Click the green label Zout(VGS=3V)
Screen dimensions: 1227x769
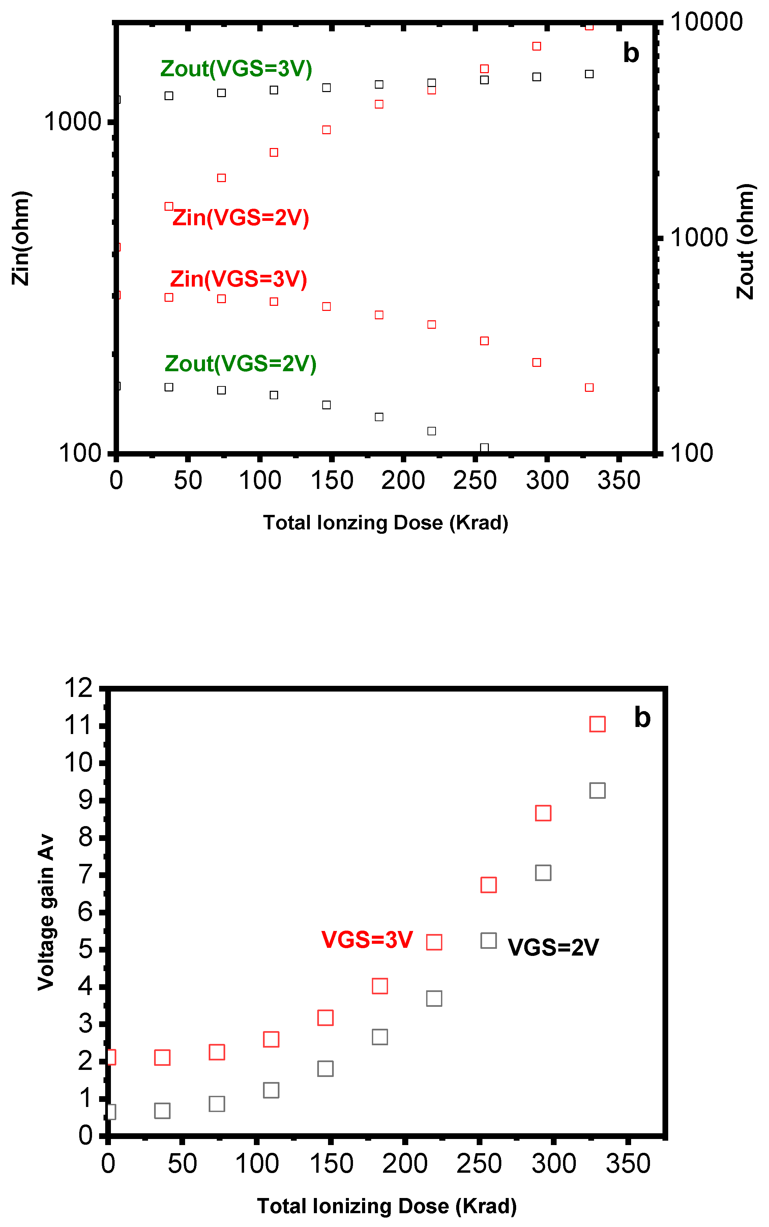[236, 69]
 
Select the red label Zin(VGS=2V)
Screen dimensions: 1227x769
[241, 218]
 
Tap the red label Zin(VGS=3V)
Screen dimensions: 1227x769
[239, 279]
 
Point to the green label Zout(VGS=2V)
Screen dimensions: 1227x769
[241, 364]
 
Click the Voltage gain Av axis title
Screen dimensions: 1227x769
[46, 912]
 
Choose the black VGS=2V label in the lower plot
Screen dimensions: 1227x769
[553, 947]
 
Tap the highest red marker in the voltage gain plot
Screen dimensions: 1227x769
[597, 724]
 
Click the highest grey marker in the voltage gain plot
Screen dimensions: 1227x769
[597, 791]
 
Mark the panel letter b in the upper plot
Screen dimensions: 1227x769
[631, 53]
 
